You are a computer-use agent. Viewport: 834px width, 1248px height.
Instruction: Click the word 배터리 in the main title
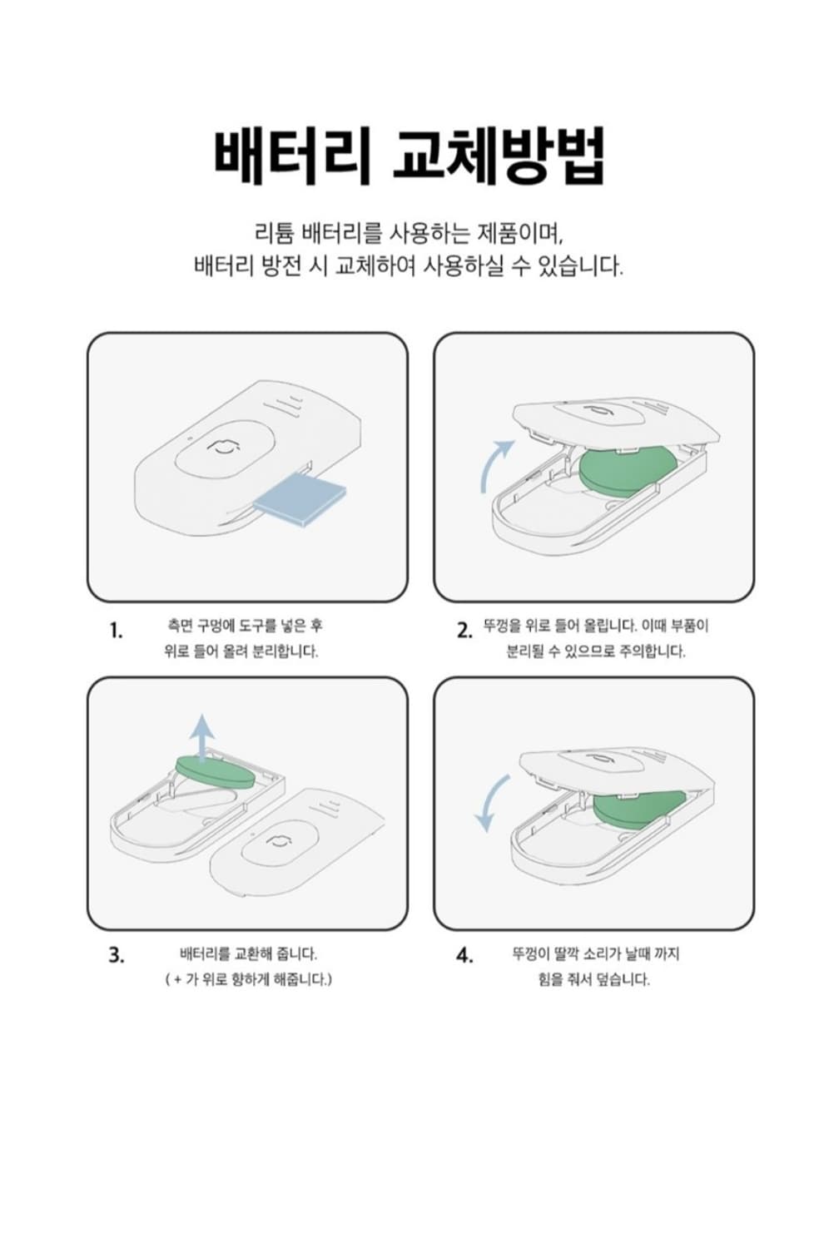click(290, 157)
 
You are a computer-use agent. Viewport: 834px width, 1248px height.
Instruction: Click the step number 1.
click(116, 631)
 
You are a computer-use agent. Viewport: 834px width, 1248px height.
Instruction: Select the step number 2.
click(464, 631)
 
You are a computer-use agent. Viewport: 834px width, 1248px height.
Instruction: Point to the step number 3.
click(116, 955)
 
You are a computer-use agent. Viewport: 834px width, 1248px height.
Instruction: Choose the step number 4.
click(464, 955)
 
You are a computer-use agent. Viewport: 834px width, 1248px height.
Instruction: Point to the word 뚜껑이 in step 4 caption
click(529, 953)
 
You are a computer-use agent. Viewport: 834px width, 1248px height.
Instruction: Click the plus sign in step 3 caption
click(177, 979)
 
